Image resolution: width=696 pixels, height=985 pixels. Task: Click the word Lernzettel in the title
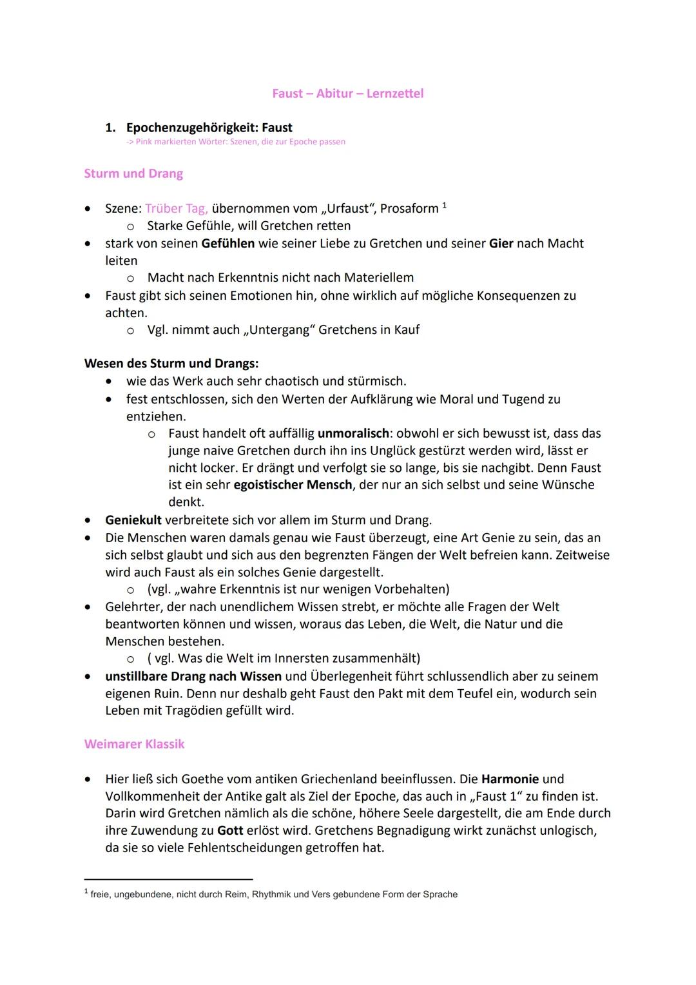[394, 93]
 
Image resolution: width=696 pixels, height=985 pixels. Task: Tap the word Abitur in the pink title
[336, 93]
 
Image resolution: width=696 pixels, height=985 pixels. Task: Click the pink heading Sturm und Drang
[133, 173]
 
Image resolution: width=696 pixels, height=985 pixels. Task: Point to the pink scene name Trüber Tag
[176, 208]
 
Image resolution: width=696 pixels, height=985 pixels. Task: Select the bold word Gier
[501, 243]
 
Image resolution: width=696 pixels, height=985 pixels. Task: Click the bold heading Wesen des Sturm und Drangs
[171, 363]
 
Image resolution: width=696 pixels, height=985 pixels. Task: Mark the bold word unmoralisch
[353, 433]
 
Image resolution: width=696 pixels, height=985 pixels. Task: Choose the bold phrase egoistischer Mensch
[293, 485]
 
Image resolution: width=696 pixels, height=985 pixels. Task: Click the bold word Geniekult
[133, 520]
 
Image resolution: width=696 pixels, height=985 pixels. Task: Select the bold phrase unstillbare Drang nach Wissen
[193, 676]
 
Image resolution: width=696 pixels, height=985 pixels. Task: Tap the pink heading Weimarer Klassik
[134, 744]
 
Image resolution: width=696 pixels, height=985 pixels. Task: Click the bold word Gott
[230, 830]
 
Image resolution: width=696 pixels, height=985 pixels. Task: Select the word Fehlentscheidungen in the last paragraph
[247, 848]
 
